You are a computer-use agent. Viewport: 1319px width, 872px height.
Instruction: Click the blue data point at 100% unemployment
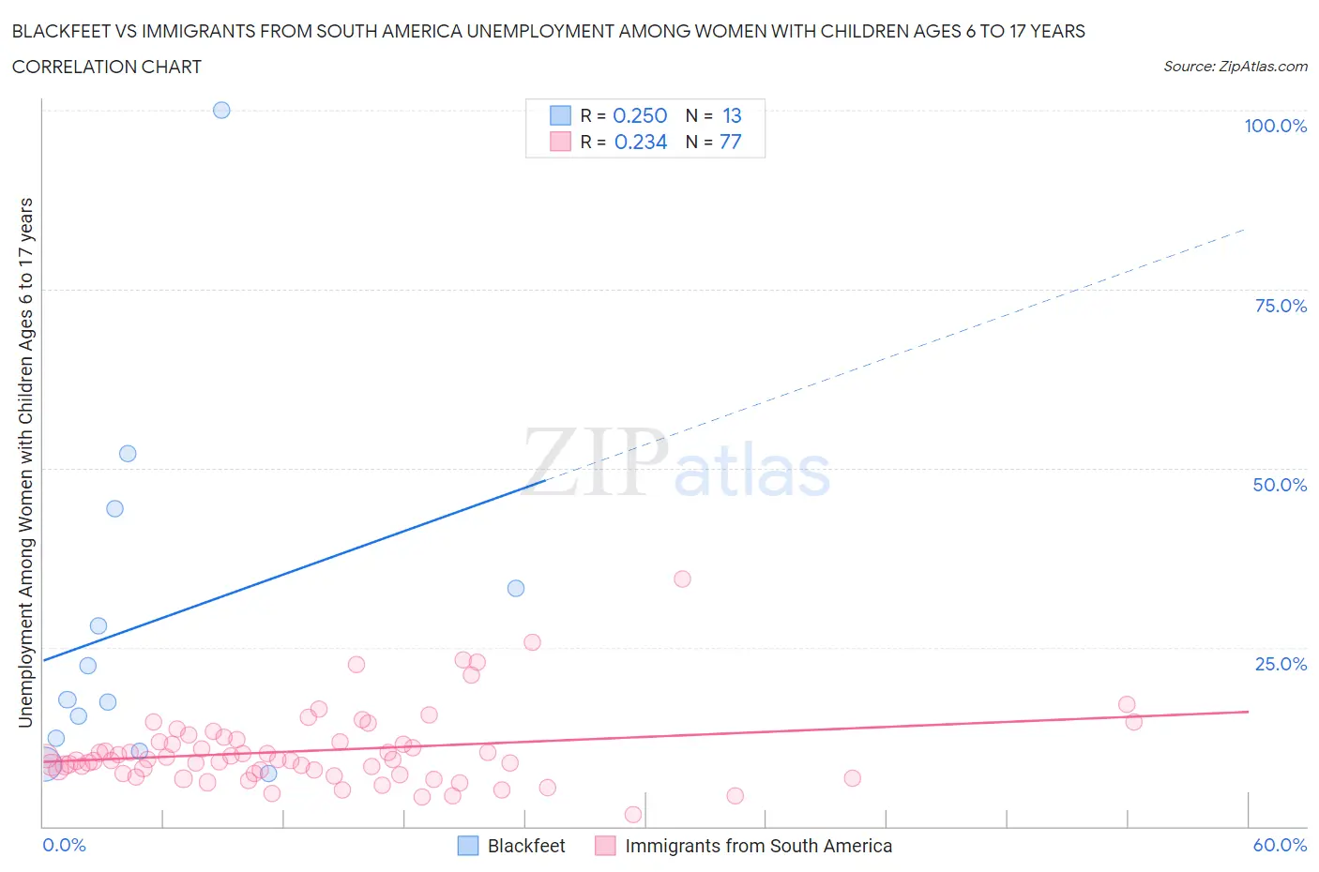[221, 110]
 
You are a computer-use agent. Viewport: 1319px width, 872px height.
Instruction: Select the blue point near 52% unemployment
[128, 454]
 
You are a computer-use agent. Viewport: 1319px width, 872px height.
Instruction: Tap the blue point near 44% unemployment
[114, 508]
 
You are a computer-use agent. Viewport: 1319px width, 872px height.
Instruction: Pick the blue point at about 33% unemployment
[516, 589]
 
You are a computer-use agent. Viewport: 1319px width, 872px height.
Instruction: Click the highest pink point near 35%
[682, 579]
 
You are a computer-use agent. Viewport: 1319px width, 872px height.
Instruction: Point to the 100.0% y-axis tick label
[1275, 126]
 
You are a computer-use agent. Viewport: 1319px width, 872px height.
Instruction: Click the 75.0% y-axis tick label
[1281, 306]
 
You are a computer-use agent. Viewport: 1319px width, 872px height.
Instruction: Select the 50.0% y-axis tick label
[1280, 485]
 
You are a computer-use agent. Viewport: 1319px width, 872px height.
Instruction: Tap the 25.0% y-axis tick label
[1281, 664]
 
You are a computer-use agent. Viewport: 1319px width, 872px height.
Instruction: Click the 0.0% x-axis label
[64, 845]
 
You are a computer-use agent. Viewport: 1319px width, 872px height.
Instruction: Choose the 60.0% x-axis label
[1280, 845]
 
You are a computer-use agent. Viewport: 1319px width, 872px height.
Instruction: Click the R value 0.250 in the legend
[640, 115]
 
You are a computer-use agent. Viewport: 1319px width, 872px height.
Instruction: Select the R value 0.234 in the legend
[641, 142]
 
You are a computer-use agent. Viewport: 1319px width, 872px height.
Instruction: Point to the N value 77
[731, 142]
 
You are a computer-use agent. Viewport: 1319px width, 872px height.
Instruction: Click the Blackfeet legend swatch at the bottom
[468, 846]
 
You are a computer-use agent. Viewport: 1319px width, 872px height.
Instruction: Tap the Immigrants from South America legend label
[758, 846]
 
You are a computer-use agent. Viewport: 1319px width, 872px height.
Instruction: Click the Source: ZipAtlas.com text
[1235, 67]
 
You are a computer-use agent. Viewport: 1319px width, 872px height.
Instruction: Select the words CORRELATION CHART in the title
[107, 67]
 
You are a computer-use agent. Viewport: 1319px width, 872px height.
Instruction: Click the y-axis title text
[25, 462]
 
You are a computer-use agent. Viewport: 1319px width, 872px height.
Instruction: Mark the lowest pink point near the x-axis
[633, 815]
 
